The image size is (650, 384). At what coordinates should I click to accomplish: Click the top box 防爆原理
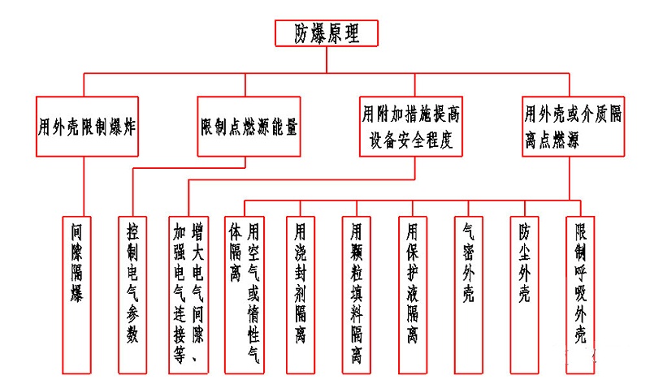pos(324,33)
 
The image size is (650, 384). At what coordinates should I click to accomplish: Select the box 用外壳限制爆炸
pos(87,127)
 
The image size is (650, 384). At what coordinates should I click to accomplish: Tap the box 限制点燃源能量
pos(249,127)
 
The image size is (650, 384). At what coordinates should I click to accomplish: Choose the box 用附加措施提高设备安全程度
pos(411,127)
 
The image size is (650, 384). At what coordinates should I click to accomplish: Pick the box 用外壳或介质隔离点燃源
pos(574,127)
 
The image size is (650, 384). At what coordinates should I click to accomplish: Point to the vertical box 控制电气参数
pos(132,292)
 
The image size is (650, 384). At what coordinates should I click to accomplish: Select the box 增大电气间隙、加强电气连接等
pos(187,292)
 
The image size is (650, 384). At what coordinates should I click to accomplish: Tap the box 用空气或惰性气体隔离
pos(244,292)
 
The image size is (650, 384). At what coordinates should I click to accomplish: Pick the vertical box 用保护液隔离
pos(411,292)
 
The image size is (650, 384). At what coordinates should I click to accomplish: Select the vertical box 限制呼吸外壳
pos(580,292)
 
